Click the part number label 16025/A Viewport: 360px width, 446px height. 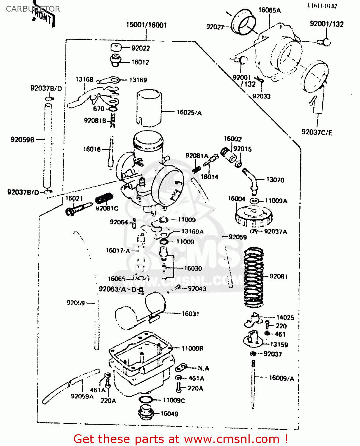[x=189, y=112]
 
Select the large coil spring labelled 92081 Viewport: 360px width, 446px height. [x=254, y=277]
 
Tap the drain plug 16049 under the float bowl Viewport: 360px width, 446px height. [x=145, y=412]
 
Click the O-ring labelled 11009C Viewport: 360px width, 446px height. [x=146, y=399]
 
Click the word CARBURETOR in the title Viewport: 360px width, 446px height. [x=33, y=9]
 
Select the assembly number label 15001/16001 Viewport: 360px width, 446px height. [x=146, y=25]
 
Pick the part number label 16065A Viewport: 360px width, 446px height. [x=269, y=10]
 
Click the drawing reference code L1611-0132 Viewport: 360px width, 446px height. [x=322, y=6]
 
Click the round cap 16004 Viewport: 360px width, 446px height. [x=254, y=216]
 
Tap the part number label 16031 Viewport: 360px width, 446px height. [x=190, y=314]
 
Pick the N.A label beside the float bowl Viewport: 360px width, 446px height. [x=204, y=368]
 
